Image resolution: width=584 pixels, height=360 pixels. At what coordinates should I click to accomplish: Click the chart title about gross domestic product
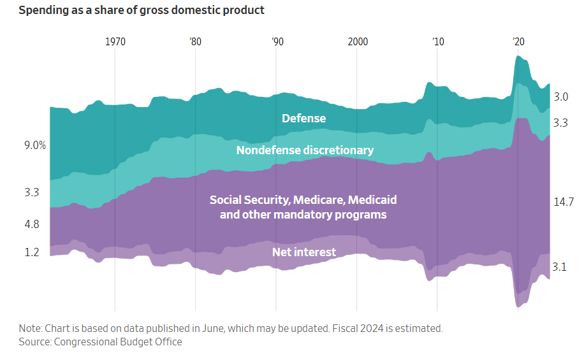[x=142, y=11]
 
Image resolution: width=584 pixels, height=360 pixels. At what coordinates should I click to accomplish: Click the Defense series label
[x=303, y=119]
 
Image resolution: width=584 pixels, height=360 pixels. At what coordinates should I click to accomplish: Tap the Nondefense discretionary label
[x=305, y=150]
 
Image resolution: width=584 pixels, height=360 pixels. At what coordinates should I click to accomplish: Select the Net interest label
[x=303, y=252]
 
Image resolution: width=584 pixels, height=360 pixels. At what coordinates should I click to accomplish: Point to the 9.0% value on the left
[x=35, y=145]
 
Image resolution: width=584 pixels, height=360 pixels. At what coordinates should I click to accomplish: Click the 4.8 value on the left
[x=32, y=224]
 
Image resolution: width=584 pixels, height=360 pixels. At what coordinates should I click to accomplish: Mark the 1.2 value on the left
[x=32, y=252]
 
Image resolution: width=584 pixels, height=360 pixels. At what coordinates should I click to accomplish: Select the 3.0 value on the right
[x=560, y=97]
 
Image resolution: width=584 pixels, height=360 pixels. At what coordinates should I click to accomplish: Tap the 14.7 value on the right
[x=564, y=202]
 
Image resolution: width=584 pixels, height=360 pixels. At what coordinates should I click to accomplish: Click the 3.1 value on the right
[x=560, y=267]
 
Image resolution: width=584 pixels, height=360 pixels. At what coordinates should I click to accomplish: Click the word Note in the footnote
[x=29, y=329]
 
